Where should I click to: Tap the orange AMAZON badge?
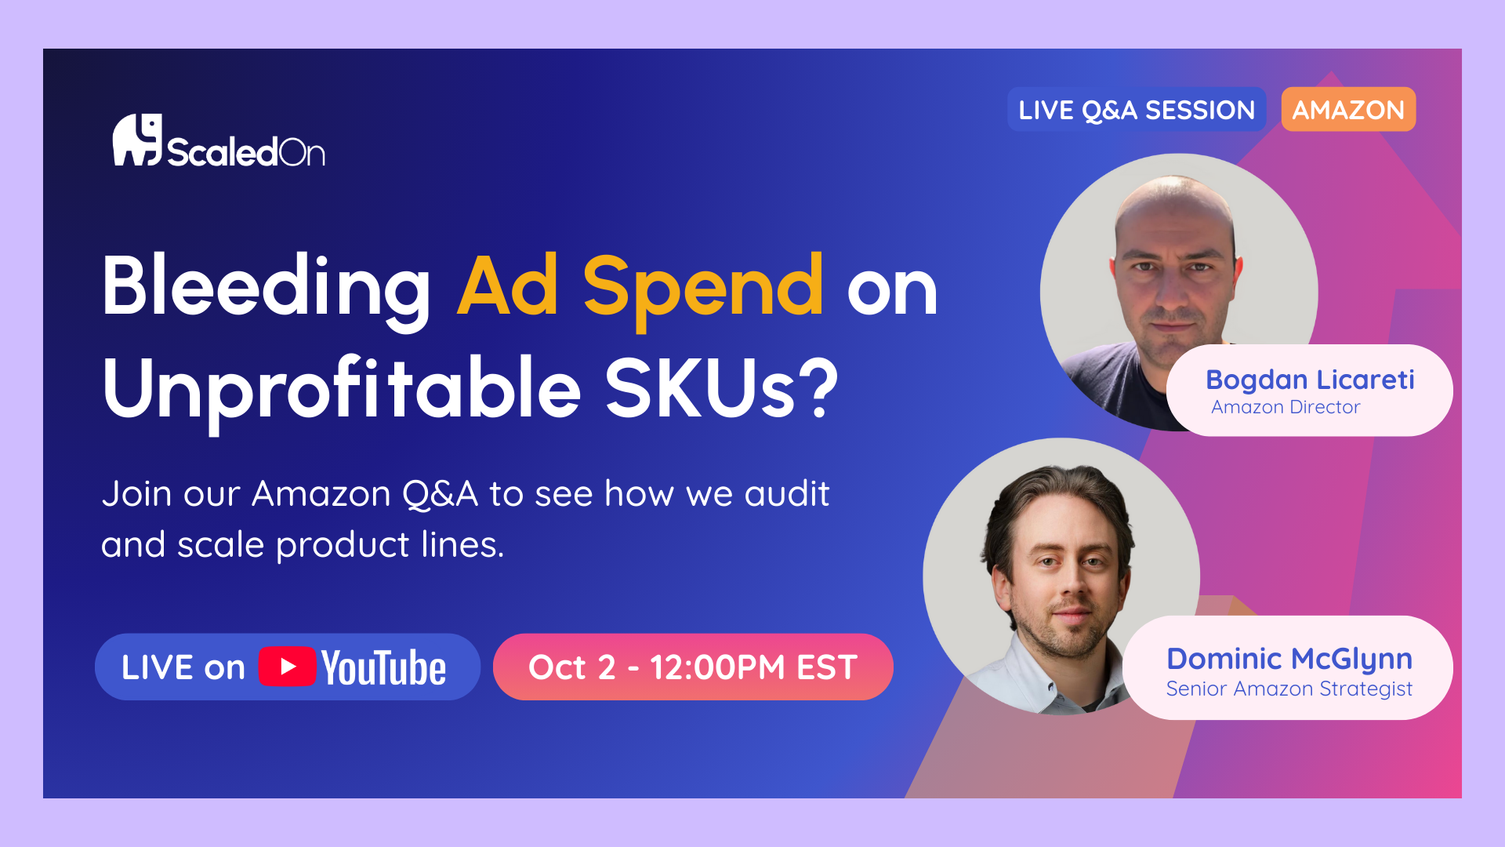click(x=1348, y=109)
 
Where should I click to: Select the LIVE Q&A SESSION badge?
click(x=1137, y=109)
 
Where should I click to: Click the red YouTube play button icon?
click(x=287, y=667)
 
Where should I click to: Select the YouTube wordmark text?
click(x=383, y=667)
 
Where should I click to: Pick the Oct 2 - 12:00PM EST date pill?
click(x=693, y=667)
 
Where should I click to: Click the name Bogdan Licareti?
click(x=1310, y=380)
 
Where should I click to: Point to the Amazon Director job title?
click(x=1286, y=407)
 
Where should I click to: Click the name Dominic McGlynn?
click(x=1289, y=659)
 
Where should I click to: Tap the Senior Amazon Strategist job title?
click(x=1289, y=689)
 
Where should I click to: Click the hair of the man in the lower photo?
click(x=1058, y=502)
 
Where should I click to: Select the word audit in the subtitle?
click(x=787, y=494)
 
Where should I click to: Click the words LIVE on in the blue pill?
click(x=183, y=667)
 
